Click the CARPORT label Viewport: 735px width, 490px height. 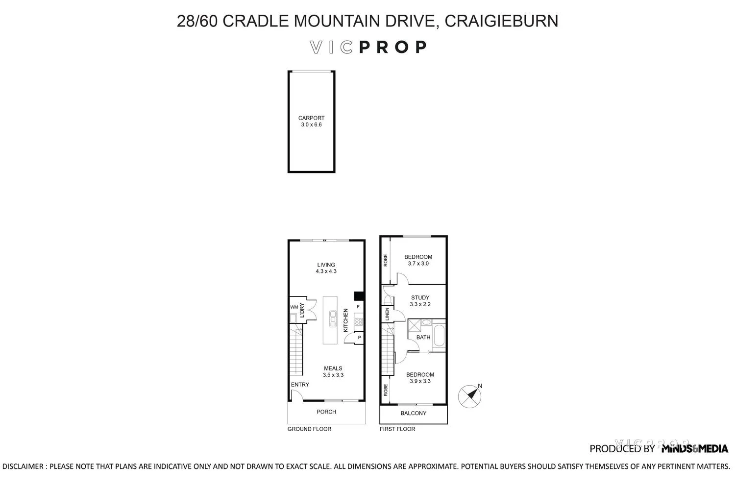point(311,118)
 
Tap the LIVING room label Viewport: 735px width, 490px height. point(326,265)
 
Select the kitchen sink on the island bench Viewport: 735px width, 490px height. point(333,318)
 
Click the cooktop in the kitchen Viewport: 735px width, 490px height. point(359,322)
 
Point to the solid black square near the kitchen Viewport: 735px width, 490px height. point(359,296)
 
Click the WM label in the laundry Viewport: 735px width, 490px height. point(294,307)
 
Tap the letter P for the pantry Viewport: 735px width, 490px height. point(359,338)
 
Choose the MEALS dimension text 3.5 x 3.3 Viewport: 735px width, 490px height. point(333,375)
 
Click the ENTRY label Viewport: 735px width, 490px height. point(300,385)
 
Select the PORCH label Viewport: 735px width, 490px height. point(326,412)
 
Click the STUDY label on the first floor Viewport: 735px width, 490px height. point(420,297)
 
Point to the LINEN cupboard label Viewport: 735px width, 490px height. point(387,314)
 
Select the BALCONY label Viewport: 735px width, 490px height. point(414,414)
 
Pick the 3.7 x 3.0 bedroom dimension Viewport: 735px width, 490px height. point(418,264)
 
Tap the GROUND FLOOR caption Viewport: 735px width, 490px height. point(309,429)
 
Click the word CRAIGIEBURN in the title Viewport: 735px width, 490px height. point(502,21)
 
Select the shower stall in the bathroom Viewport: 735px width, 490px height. point(415,326)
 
